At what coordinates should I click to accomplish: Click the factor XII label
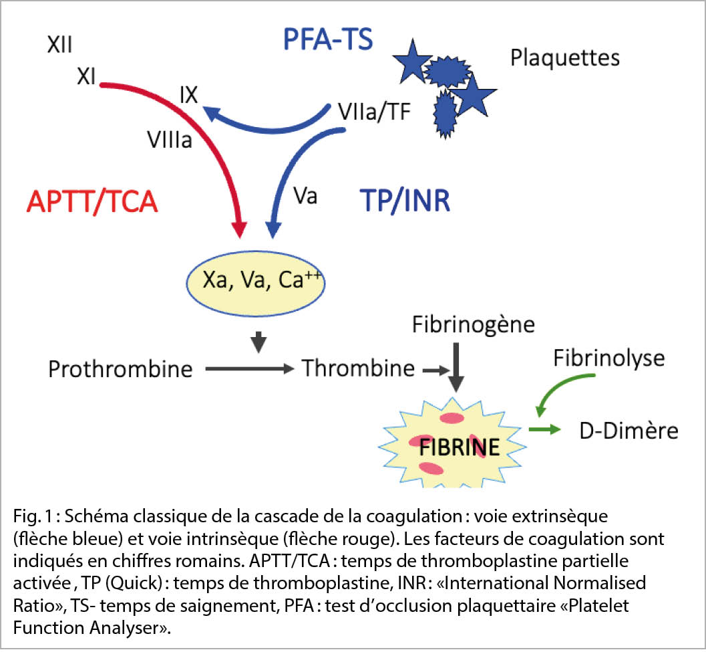60,45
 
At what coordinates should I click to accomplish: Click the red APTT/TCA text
92,201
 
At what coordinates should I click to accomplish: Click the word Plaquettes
564,58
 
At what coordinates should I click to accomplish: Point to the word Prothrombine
120,368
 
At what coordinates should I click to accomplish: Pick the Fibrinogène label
473,326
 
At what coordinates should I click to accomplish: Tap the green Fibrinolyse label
608,358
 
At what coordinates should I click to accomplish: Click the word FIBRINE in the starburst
459,447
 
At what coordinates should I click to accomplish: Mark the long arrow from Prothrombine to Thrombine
248,368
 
